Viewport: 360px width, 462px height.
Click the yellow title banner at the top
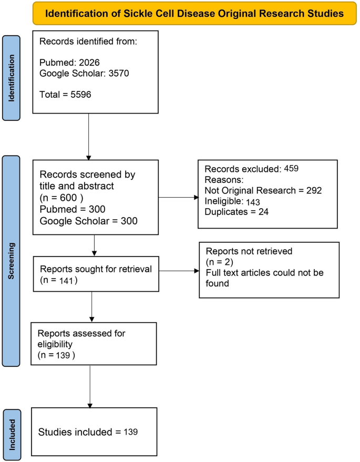[x=194, y=13]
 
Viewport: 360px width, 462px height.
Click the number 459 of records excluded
[x=292, y=169]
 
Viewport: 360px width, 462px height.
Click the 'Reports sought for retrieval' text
[x=96, y=269]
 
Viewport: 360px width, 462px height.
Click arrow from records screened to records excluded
[x=178, y=198]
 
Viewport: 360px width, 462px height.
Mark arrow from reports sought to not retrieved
[x=179, y=272]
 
